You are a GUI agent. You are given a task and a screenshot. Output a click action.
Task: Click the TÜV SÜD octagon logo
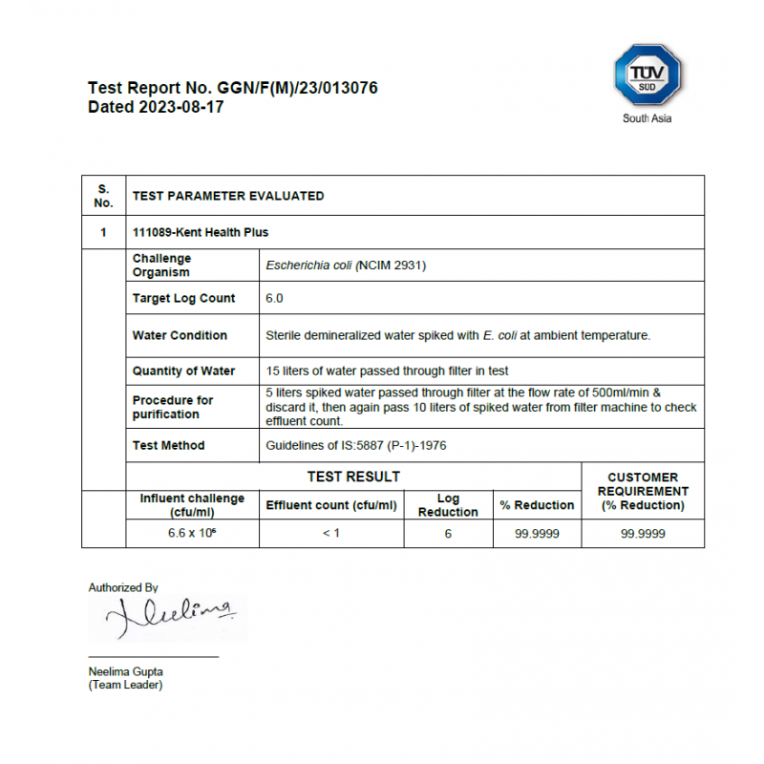coord(647,76)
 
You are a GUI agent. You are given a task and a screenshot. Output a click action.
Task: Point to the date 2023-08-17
coord(181,107)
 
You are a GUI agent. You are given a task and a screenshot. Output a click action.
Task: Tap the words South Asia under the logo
coord(647,118)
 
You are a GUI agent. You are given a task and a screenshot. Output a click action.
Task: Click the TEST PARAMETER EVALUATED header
coord(227,196)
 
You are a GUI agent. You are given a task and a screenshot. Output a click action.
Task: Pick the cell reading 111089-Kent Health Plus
coord(201,232)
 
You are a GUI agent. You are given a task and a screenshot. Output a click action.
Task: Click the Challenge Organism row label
coord(161,265)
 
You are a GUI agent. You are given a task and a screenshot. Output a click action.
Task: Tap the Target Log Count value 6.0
coord(274,298)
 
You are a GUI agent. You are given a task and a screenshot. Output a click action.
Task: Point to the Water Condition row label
coord(180,335)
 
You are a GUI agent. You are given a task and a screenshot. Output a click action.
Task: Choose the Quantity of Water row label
coord(183,371)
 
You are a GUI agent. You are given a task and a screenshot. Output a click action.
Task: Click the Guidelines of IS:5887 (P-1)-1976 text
coord(356,445)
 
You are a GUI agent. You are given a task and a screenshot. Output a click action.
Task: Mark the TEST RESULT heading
coord(353,477)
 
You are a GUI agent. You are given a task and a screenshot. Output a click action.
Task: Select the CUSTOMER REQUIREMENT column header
coord(643,491)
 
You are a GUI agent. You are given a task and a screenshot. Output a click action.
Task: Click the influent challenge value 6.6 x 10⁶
coord(192,534)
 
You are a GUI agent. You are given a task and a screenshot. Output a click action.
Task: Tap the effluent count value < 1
coord(331,534)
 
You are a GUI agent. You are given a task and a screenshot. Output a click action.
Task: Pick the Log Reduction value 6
coord(448,534)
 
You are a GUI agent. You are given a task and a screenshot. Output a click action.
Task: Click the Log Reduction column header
coord(448,505)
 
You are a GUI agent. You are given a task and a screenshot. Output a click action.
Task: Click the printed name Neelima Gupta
coord(124,672)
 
